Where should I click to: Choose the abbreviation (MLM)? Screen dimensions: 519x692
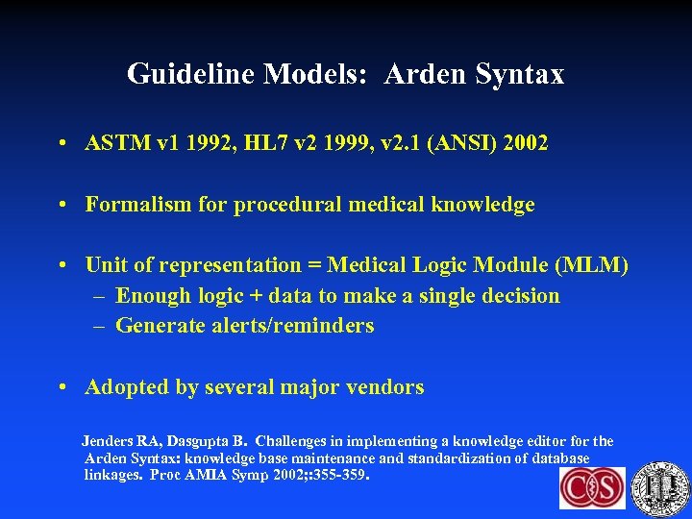click(x=592, y=265)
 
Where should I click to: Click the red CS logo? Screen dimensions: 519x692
click(x=592, y=488)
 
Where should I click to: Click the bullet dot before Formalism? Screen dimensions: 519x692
click(x=61, y=205)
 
